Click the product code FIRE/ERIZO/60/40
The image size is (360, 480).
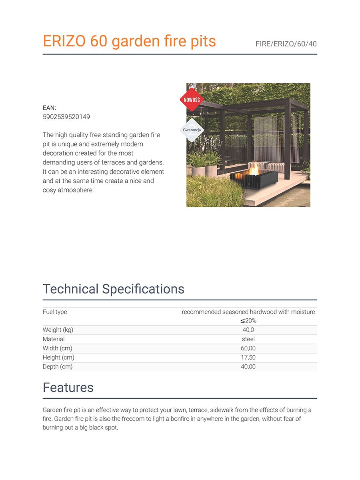286,44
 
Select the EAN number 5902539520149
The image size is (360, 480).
66,117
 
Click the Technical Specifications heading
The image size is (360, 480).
114,289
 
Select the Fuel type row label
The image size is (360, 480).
55,312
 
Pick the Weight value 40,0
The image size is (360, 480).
248,330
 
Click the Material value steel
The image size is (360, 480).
248,339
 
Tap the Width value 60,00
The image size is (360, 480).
248,348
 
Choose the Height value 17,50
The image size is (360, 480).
248,358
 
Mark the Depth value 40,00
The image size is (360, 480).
248,367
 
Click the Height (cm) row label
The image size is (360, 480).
58,358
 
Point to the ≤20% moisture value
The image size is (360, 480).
248,321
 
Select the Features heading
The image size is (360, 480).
68,387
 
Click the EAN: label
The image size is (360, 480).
50,108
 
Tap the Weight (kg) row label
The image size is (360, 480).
58,330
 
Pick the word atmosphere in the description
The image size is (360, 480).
76,190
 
